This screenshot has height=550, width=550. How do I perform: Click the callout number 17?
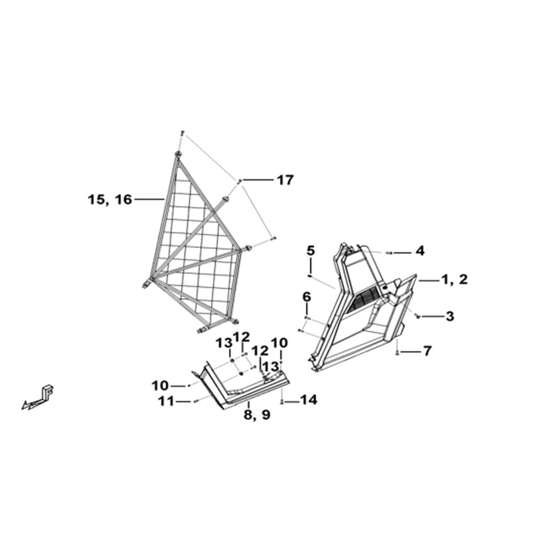click(285, 180)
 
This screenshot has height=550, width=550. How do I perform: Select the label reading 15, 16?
click(110, 200)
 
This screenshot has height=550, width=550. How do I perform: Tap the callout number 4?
click(420, 251)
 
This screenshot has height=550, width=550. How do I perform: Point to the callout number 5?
click(310, 251)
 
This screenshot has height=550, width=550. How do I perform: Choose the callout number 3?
click(450, 316)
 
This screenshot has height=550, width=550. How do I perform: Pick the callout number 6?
click(306, 297)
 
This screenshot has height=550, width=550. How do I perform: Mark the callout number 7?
click(427, 351)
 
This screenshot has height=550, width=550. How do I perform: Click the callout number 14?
click(309, 399)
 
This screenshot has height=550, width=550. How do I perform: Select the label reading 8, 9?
click(257, 415)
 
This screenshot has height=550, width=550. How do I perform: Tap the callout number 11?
click(166, 401)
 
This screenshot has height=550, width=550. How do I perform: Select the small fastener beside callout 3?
click(418, 316)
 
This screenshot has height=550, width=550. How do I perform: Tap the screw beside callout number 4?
click(389, 253)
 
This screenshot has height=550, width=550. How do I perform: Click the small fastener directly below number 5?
click(310, 276)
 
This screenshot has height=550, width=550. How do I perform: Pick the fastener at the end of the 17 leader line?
click(240, 180)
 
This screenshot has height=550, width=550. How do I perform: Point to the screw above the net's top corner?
click(182, 133)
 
